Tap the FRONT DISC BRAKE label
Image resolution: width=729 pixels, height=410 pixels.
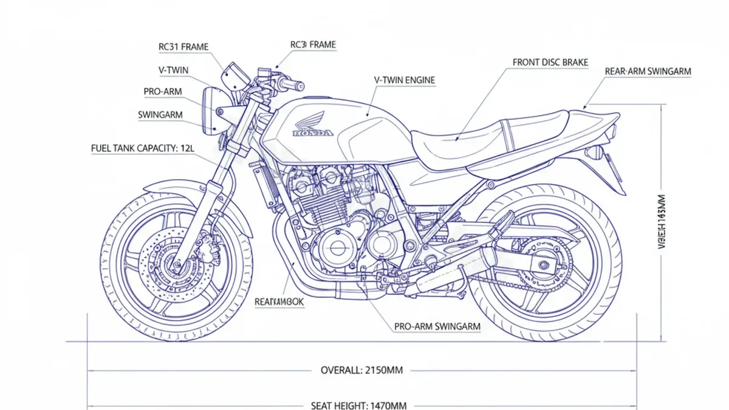[550, 62]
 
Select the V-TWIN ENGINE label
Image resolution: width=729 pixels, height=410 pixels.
[404, 80]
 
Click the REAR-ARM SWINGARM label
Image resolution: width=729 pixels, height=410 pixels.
[648, 71]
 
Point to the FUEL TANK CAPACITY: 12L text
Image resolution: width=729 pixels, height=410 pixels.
[142, 148]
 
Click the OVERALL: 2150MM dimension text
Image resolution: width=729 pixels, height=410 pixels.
[362, 369]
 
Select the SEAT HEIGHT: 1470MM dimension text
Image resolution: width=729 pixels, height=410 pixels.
[358, 405]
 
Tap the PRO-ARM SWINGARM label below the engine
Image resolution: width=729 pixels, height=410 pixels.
[437, 326]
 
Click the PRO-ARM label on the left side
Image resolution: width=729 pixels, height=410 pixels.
[163, 92]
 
